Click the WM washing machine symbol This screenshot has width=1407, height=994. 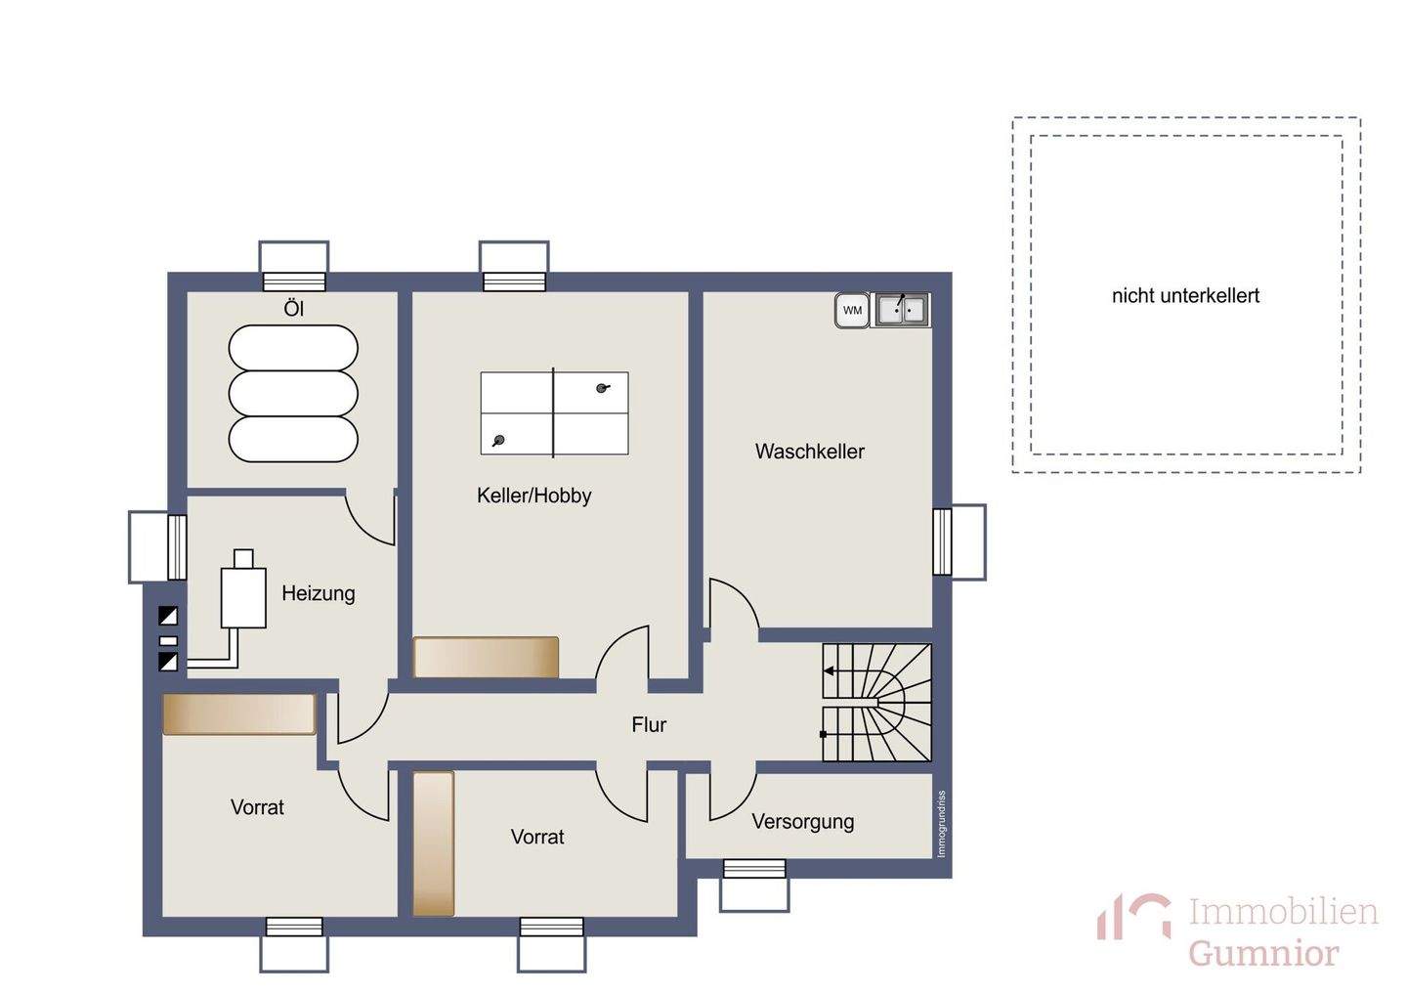point(852,311)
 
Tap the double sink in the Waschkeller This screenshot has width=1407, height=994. point(902,311)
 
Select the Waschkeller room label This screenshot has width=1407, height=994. point(810,452)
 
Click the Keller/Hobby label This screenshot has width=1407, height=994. point(533,496)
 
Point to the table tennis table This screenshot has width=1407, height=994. point(554,412)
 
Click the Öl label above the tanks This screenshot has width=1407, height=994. point(294,309)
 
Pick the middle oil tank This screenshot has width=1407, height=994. point(293,393)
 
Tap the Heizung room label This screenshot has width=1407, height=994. point(319,593)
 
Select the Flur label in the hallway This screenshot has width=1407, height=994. point(649,724)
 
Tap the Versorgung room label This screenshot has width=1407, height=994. point(803,822)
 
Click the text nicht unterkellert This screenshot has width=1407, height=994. point(1185,295)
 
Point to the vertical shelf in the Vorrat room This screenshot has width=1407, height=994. point(434,843)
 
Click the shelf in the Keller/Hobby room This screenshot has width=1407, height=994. point(486,657)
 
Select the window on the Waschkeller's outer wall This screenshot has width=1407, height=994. point(959,541)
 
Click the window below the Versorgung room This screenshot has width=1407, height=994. point(753,886)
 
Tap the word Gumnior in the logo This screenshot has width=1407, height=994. point(1263,953)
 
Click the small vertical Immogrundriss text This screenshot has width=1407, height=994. point(941,824)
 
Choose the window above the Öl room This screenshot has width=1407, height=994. point(294,266)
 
